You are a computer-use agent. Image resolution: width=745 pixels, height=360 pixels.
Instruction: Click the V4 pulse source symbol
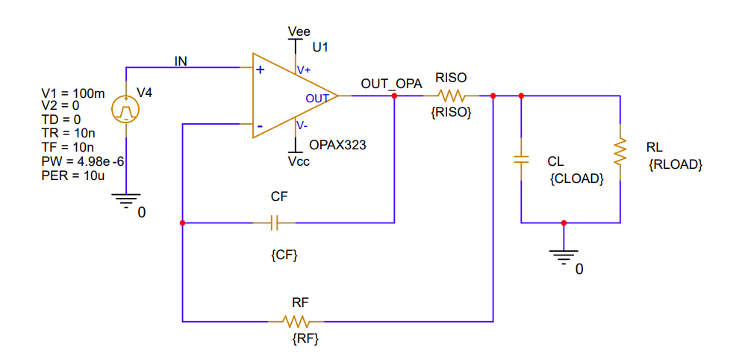pyautogui.click(x=126, y=111)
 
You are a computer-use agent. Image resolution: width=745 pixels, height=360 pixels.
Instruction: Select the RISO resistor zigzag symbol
pyautogui.click(x=452, y=96)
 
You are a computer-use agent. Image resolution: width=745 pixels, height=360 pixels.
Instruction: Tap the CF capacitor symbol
pyautogui.click(x=274, y=222)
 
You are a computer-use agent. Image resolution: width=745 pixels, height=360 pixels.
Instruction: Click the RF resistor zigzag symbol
pyautogui.click(x=296, y=321)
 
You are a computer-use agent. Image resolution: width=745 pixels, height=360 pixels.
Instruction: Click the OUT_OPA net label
pyautogui.click(x=391, y=83)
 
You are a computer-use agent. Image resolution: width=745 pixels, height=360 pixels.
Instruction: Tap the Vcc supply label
pyautogui.click(x=299, y=161)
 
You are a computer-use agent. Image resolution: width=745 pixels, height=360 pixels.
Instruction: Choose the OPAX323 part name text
pyautogui.click(x=337, y=145)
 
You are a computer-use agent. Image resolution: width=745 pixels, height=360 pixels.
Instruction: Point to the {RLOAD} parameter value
pyautogui.click(x=676, y=165)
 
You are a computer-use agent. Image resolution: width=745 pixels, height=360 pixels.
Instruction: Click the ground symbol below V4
pyautogui.click(x=126, y=199)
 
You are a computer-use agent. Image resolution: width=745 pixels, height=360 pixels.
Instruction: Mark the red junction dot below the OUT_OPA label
pyautogui.click(x=394, y=96)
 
